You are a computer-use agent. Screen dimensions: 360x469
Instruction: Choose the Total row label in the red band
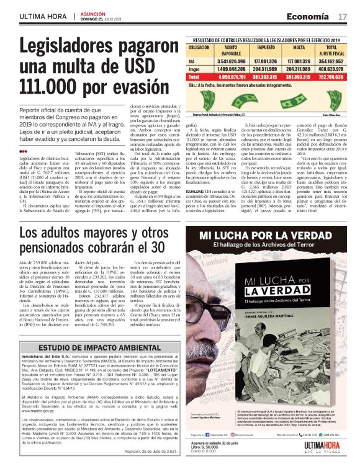(194, 76)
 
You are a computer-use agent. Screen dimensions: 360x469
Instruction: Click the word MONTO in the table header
(230, 47)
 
